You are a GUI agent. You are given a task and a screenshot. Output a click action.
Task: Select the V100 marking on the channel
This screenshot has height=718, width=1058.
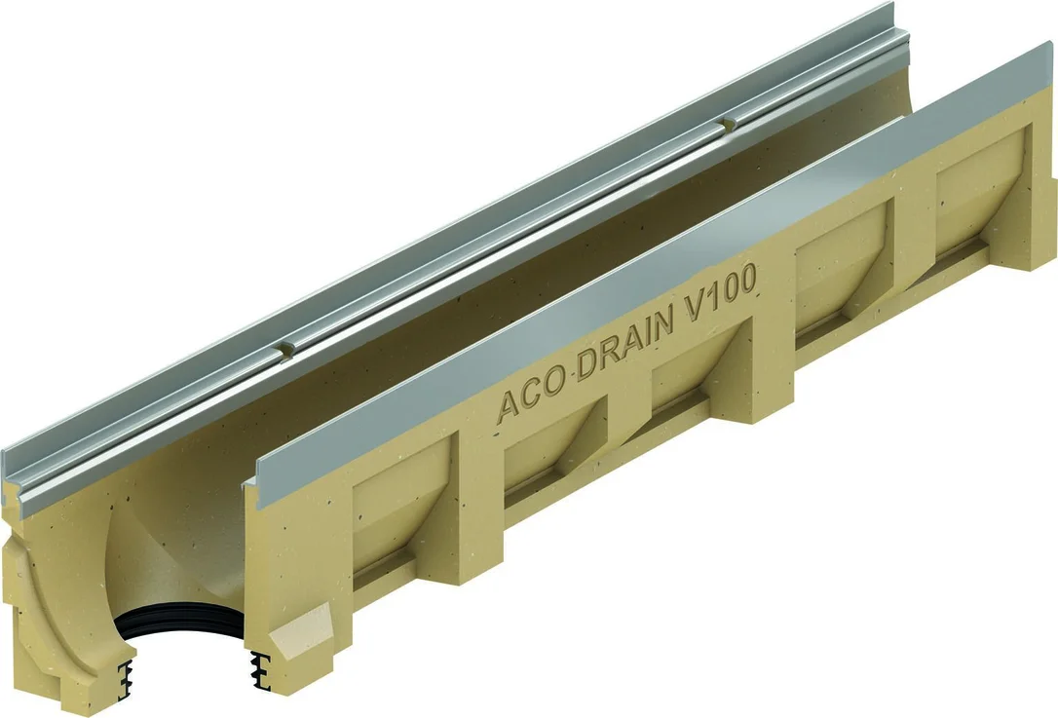tap(723, 291)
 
